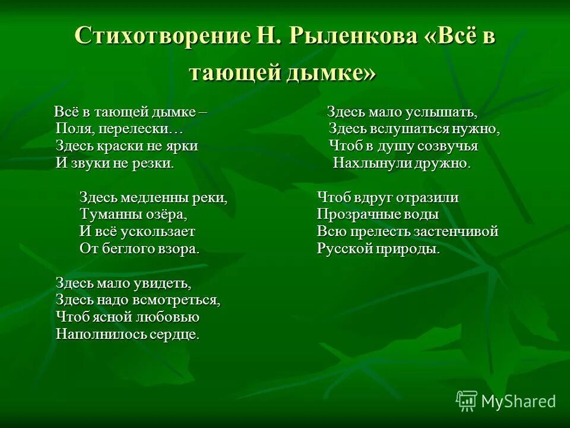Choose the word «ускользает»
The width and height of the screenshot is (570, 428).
[x=159, y=232]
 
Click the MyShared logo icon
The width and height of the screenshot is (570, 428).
[x=467, y=401]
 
